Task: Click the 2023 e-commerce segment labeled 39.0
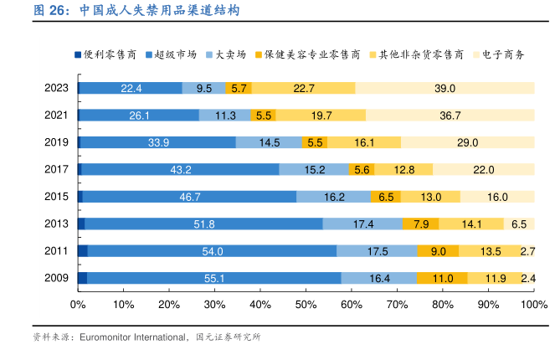coord(445,88)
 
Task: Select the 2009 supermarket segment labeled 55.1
coord(213,278)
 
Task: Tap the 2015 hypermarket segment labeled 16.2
coord(334,197)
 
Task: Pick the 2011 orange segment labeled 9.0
coord(438,251)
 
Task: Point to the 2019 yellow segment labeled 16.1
coord(364,142)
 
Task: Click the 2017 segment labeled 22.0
coord(484,169)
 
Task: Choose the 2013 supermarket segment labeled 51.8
coord(203,224)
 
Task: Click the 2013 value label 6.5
coord(519,224)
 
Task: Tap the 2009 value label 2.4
coord(528,278)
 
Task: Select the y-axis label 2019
coord(56,142)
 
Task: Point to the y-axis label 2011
coord(56,251)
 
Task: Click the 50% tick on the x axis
coord(306,305)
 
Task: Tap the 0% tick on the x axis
coord(78,305)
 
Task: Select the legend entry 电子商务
coord(504,54)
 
